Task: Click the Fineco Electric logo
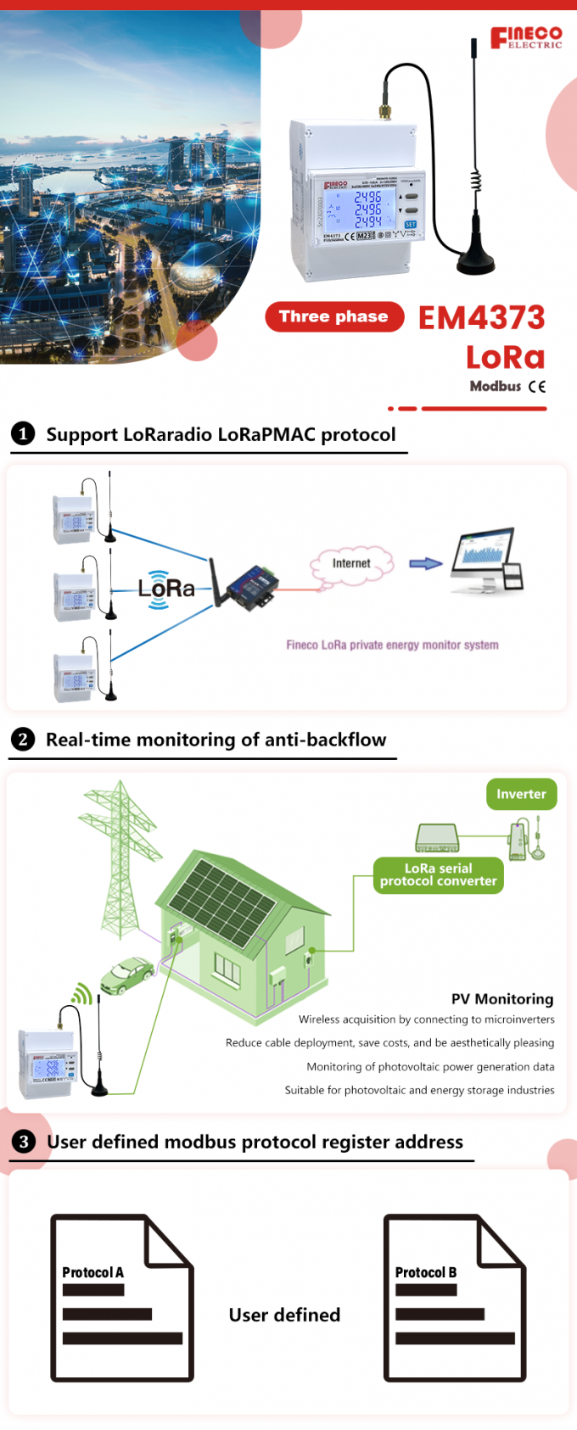526,37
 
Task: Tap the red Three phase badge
334,317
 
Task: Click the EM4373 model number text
481,318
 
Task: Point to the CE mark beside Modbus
536,387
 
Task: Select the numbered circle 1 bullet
23,434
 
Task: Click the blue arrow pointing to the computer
425,563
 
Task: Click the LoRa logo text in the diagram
166,589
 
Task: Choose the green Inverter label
521,794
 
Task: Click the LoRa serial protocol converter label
438,874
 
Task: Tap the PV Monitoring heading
502,999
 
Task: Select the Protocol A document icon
122,1298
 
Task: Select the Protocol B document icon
455,1298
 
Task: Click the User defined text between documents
284,1315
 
